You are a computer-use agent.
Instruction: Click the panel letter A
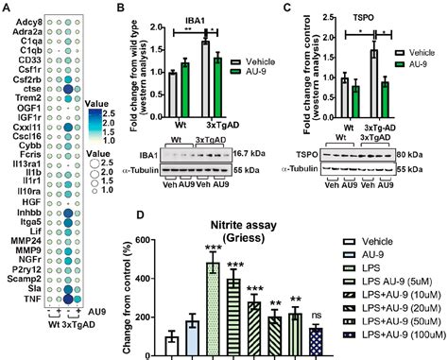pos(6,7)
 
